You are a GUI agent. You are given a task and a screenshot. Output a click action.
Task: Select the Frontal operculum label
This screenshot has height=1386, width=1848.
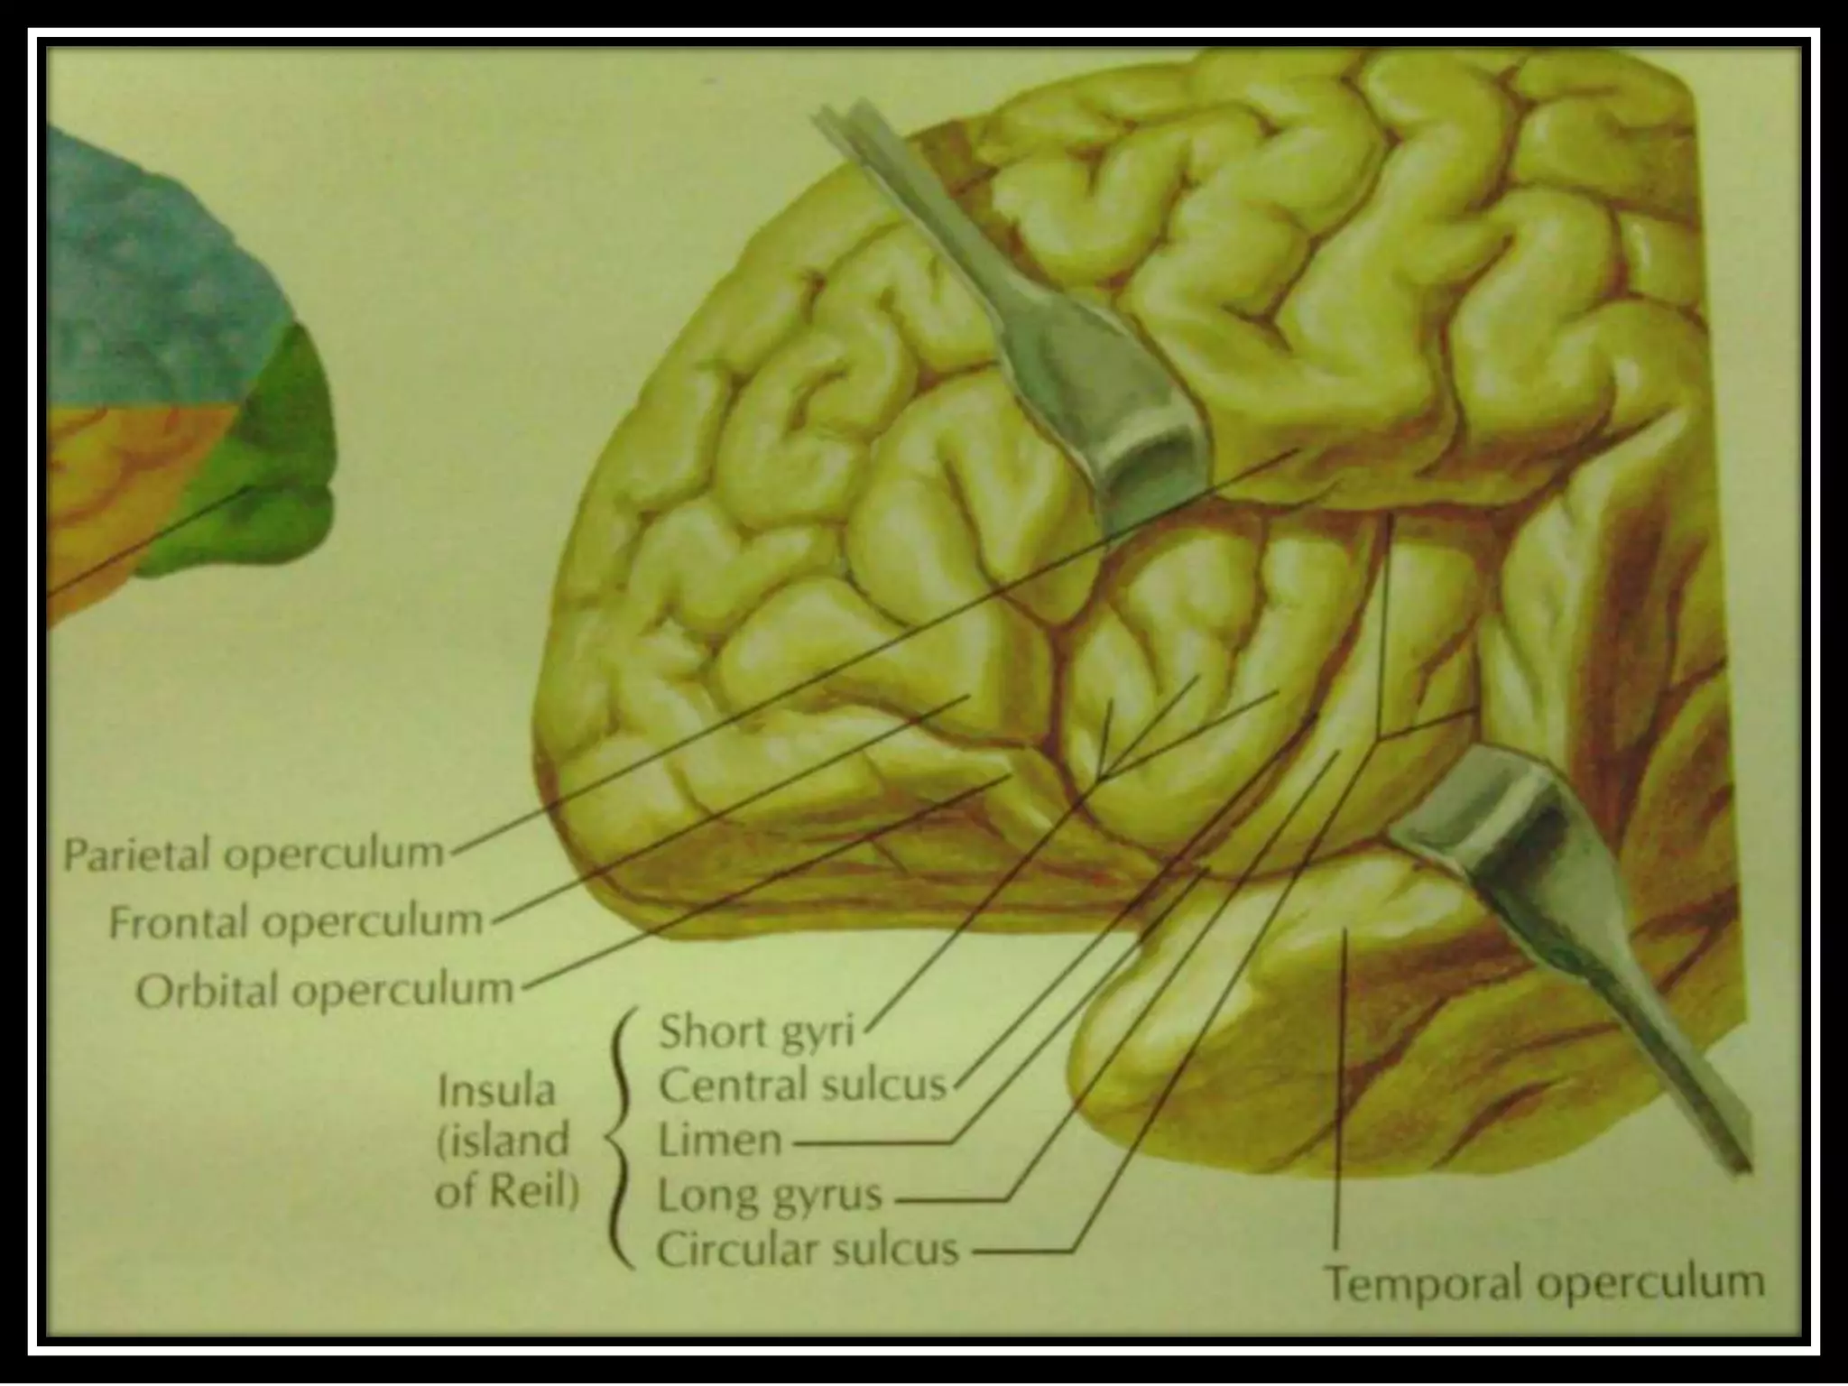coord(296,921)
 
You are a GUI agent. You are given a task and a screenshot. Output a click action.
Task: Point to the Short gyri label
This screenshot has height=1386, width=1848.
coord(756,1031)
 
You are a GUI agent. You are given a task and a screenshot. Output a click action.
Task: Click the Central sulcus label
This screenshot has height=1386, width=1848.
coord(802,1086)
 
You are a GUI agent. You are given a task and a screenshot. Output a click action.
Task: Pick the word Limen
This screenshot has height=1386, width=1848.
coord(719,1141)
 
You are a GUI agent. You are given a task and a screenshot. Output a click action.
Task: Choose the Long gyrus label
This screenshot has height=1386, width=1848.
coord(769,1196)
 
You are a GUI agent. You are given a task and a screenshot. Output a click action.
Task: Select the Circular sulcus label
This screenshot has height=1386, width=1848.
coord(807,1251)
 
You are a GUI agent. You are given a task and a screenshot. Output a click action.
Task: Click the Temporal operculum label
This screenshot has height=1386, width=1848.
coord(1544,1281)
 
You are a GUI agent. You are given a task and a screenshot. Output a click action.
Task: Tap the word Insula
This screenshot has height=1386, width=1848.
coord(496,1092)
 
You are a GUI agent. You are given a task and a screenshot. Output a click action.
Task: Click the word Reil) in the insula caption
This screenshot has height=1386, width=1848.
coord(533,1193)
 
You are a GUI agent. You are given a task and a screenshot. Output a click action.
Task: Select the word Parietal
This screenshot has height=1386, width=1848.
coord(137,854)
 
